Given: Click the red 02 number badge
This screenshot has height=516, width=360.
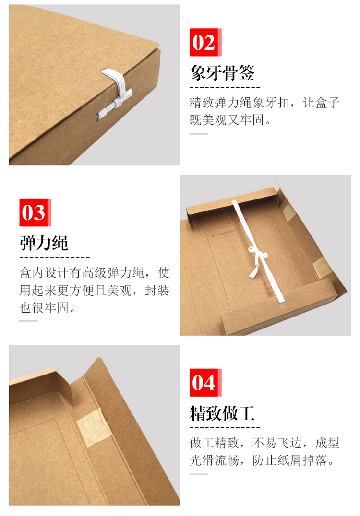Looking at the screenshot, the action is [x=205, y=42].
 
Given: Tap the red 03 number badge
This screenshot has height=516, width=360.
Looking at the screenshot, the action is [x=35, y=212].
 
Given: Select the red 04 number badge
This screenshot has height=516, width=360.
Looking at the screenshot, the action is [x=205, y=382].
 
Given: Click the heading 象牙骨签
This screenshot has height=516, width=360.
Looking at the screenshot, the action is [x=222, y=72].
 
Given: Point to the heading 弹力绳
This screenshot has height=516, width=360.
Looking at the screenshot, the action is [x=44, y=243].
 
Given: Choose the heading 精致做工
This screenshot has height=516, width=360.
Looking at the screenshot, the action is [x=222, y=413].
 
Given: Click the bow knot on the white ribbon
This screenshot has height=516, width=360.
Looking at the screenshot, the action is [x=256, y=255].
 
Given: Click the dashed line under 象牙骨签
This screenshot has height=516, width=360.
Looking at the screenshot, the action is [x=225, y=87].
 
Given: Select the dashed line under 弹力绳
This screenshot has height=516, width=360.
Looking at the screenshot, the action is [x=55, y=258].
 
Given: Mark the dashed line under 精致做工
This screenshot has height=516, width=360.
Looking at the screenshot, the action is [x=225, y=428].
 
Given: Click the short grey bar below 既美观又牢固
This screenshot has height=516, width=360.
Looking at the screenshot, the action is [x=199, y=134].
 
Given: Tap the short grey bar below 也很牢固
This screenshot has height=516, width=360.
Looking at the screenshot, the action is [x=29, y=321].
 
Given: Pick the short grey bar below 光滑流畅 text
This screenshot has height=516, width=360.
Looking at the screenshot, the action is [x=199, y=474].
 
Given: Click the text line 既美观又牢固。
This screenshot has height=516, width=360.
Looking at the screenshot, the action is [x=230, y=120].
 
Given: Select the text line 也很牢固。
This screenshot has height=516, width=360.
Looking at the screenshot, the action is [x=48, y=308].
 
